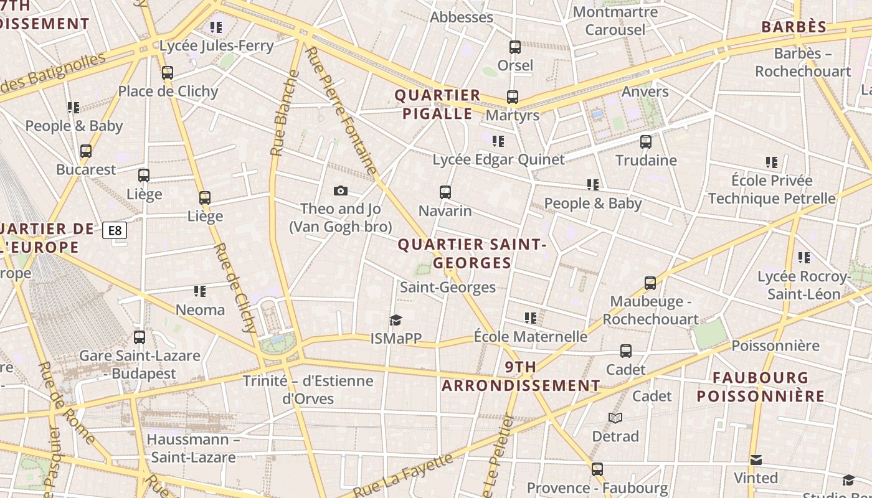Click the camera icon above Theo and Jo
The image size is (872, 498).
click(x=341, y=191)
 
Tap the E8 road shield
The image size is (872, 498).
click(x=115, y=231)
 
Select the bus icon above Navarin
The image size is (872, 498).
click(x=445, y=192)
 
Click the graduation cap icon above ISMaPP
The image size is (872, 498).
click(x=396, y=321)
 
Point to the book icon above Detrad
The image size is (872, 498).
click(x=615, y=418)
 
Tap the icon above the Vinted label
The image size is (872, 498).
click(x=756, y=460)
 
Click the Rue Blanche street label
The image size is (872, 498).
click(x=285, y=113)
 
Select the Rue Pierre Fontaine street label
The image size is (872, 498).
click(x=342, y=111)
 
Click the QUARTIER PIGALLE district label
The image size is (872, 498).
click(x=438, y=104)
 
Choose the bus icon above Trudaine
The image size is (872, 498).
click(x=646, y=142)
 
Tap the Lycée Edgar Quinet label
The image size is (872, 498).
click(x=498, y=159)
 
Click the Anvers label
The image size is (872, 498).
click(x=645, y=92)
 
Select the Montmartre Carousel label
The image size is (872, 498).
click(x=615, y=21)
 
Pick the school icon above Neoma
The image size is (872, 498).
click(x=200, y=291)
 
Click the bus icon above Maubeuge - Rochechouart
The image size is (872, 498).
click(x=650, y=283)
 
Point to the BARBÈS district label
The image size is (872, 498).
click(x=794, y=27)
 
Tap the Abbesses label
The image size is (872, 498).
click(x=462, y=17)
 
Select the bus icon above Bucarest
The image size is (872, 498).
click(x=86, y=151)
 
